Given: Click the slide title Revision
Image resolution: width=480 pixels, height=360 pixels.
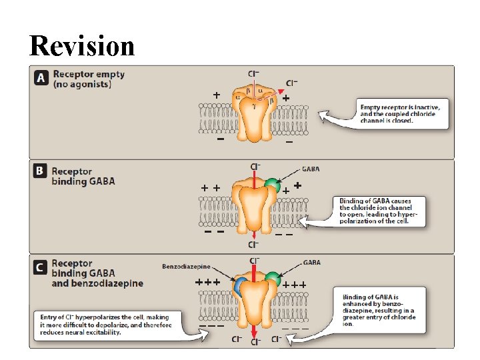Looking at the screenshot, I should (x=82, y=45).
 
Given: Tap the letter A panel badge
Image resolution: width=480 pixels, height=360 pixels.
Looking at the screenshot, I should (x=41, y=78).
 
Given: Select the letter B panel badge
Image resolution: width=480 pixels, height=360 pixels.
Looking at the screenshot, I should (x=41, y=171).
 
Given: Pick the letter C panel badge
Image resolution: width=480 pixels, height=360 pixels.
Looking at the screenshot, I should (x=41, y=267).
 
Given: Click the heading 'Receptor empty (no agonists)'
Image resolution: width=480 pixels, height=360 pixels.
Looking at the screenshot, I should (x=89, y=79).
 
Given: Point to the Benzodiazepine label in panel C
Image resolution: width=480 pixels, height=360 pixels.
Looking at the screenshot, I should (x=187, y=267).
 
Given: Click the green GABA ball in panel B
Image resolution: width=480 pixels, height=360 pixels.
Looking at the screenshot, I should (x=271, y=185).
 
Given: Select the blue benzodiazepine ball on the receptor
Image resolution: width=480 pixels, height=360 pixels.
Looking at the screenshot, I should (x=239, y=286).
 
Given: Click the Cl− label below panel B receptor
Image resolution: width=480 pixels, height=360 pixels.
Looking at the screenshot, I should (x=255, y=245).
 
